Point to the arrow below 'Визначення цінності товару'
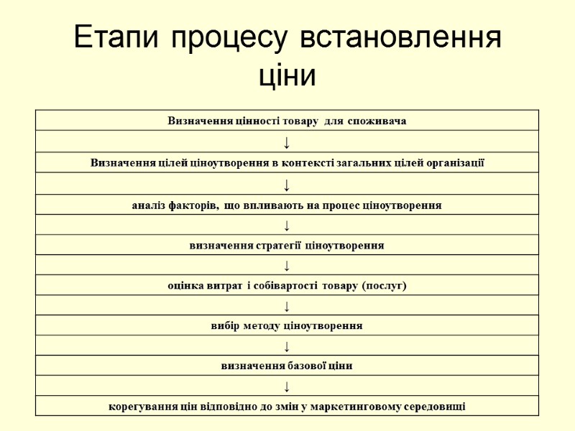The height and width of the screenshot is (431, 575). (287, 142)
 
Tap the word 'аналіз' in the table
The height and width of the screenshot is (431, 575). (149, 205)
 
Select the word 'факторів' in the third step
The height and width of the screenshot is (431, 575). (193, 205)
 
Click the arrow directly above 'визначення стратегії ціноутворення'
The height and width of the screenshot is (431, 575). (287, 226)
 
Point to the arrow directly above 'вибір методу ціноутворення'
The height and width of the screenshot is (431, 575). (287, 306)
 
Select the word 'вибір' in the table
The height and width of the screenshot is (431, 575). (225, 326)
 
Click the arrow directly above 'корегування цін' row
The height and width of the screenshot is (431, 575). (287, 386)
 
